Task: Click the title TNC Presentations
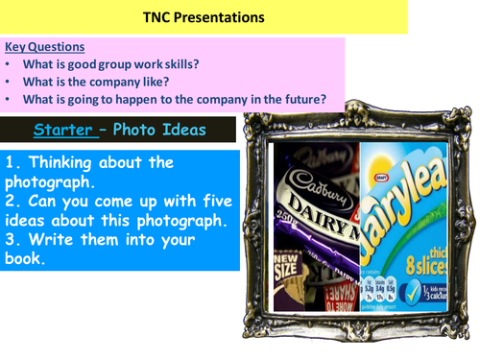click(204, 16)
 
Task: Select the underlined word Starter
click(65, 129)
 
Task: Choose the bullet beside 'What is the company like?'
click(9, 81)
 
